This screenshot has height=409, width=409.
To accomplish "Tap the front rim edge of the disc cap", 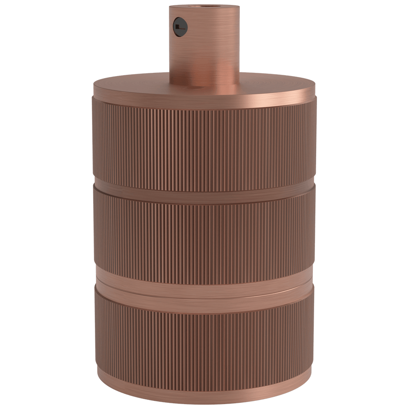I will (x=204, y=95).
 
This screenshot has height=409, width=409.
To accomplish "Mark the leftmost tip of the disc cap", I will (x=93, y=87).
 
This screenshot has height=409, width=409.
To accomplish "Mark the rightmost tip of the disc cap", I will (x=316, y=87).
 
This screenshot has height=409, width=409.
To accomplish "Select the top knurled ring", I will (x=204, y=143).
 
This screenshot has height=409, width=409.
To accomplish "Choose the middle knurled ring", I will (x=204, y=233).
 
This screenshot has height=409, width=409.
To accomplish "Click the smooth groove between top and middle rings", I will (x=204, y=188).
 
